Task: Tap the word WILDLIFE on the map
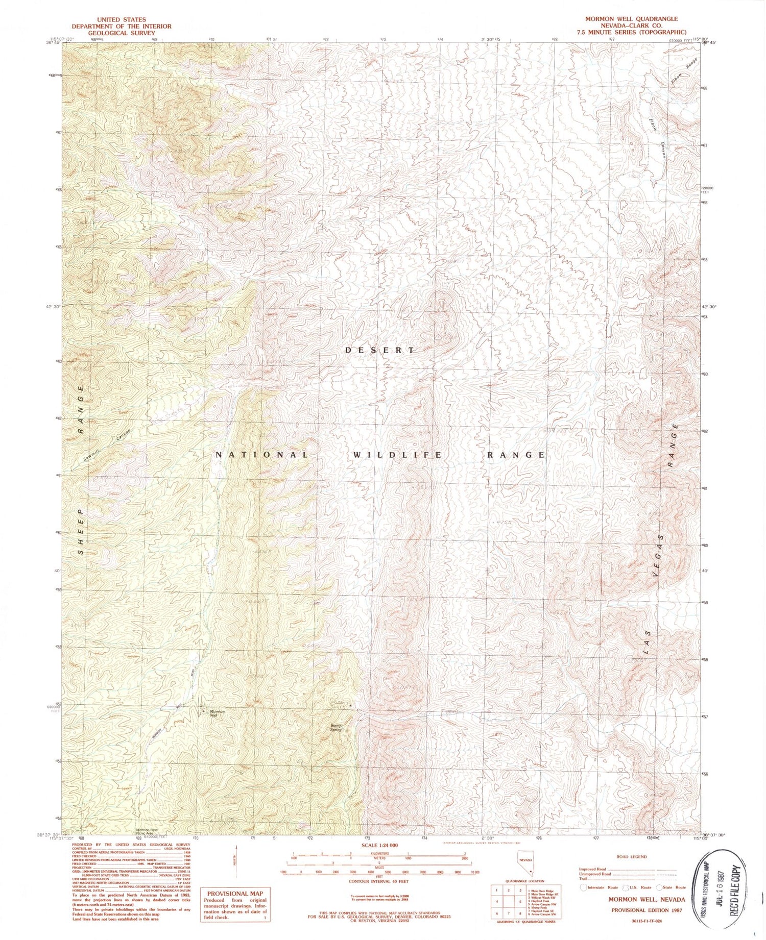tap(397, 455)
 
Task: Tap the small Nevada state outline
tap(526, 861)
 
